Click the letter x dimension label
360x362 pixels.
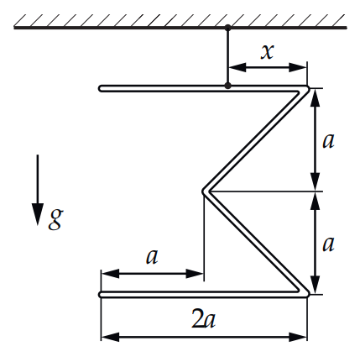coord(267,52)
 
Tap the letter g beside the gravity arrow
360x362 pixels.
coord(55,219)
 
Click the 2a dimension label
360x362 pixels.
coord(204,318)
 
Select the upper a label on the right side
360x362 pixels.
coord(328,141)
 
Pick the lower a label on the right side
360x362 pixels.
coord(328,244)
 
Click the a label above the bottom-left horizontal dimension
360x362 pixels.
coord(152,257)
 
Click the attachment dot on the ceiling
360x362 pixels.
coord(228,28)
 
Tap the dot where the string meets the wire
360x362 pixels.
coord(228,86)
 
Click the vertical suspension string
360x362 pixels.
coord(228,56)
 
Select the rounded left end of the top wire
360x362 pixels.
coord(101,88)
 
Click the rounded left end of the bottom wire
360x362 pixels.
coord(101,295)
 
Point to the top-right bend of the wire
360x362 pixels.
coord(307,89)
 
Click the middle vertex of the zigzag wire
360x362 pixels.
coord(204,191)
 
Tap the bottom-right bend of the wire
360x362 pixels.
coord(307,294)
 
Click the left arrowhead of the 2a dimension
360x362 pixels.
coord(110,337)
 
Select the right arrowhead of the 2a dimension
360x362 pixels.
coord(298,337)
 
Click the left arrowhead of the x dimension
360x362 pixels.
coord(237,67)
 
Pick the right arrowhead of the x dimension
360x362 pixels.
coord(298,67)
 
